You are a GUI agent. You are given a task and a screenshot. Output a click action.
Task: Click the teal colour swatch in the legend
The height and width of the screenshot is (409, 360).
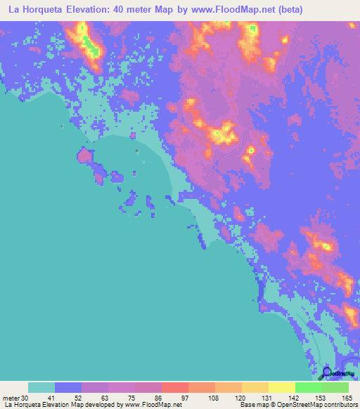coord(41,387)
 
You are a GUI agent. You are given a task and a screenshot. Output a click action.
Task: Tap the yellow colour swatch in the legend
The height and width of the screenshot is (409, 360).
coord(282,387)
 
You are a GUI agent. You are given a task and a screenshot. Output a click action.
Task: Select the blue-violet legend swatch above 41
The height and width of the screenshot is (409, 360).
coord(68,387)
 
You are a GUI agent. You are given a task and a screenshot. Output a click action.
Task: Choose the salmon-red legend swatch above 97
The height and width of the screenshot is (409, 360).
coord(175,387)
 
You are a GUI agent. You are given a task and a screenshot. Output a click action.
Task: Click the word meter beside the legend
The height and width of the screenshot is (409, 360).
coord(11,398)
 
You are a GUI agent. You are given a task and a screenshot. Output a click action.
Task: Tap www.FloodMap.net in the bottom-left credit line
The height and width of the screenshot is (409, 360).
coord(154,405)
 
